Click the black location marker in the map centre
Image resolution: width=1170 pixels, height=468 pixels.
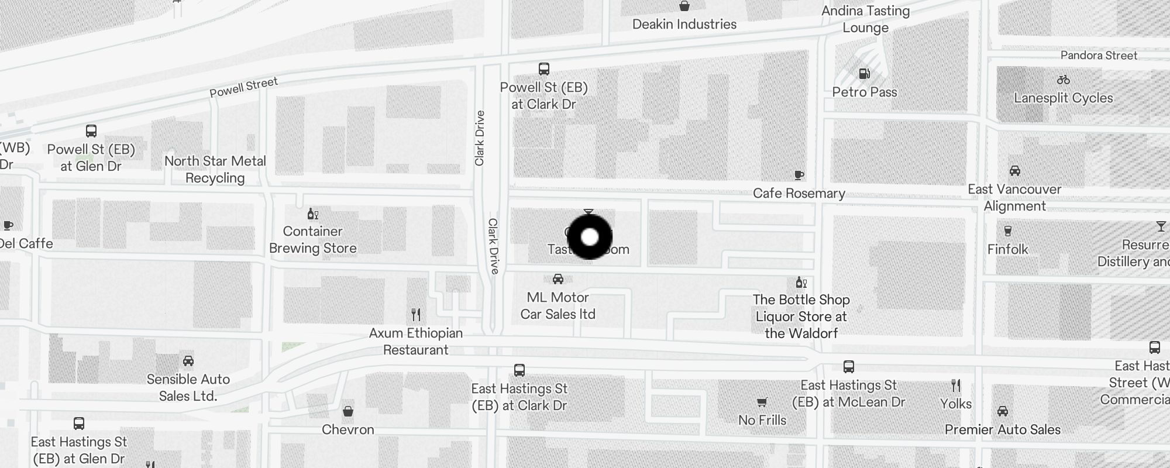pyautogui.click(x=590, y=237)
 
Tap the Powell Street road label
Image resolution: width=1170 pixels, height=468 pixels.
pyautogui.click(x=243, y=87)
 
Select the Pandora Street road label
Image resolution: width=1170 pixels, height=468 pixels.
pyautogui.click(x=1099, y=56)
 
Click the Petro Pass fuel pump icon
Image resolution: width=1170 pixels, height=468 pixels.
pyautogui.click(x=864, y=74)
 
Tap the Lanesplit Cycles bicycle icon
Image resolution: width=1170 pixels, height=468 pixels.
pyautogui.click(x=1063, y=80)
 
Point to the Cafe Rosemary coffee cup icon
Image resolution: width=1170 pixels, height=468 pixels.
pyautogui.click(x=799, y=175)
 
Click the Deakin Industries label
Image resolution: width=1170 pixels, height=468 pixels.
pyautogui.click(x=684, y=25)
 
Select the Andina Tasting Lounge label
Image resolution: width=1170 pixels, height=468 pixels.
pyautogui.click(x=865, y=19)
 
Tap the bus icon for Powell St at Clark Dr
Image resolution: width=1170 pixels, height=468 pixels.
pyautogui.click(x=544, y=69)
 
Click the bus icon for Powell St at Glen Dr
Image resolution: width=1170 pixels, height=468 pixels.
pyautogui.click(x=91, y=130)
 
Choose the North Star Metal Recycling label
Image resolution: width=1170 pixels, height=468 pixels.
pyautogui.click(x=215, y=169)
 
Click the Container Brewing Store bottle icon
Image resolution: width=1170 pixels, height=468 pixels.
pyautogui.click(x=313, y=214)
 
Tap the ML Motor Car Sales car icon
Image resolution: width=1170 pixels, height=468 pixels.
pyautogui.click(x=558, y=279)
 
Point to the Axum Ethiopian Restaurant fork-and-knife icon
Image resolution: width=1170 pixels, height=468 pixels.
pyautogui.click(x=416, y=315)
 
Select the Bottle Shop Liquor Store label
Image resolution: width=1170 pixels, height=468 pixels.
pyautogui.click(x=801, y=316)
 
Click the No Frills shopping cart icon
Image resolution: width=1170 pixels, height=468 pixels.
pyautogui.click(x=762, y=402)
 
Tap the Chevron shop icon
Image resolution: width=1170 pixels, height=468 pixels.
pyautogui.click(x=348, y=411)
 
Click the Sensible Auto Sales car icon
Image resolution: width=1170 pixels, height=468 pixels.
pyautogui.click(x=188, y=361)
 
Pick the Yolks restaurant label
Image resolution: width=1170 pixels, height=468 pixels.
pyautogui.click(x=956, y=404)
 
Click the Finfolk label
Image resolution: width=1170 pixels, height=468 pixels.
pyautogui.click(x=1007, y=249)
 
